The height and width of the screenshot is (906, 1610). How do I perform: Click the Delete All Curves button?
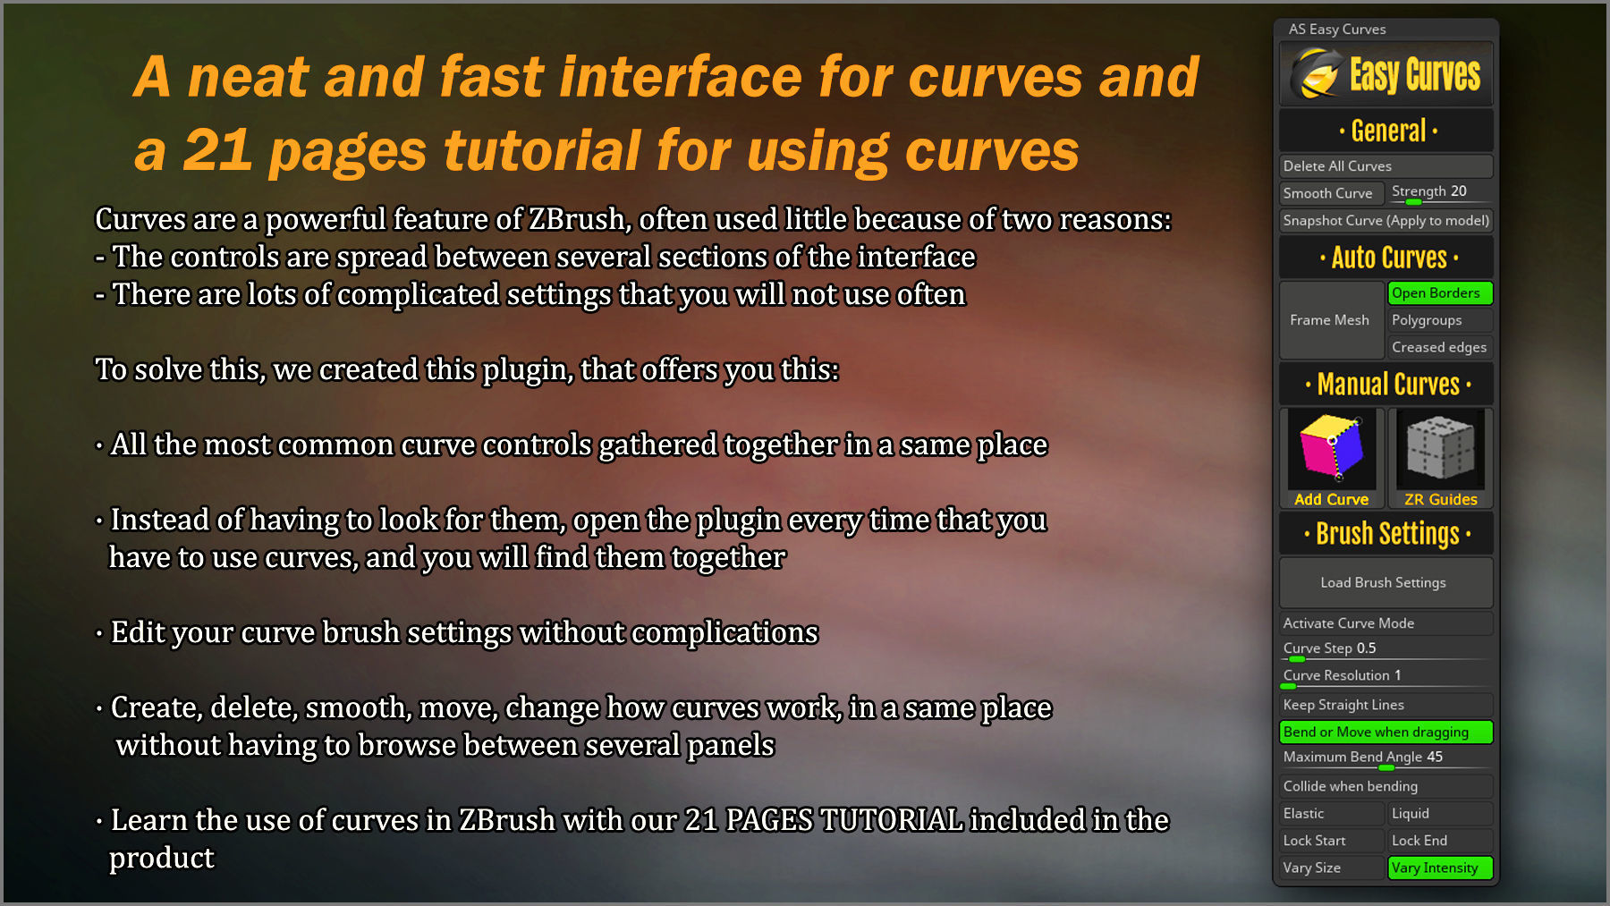(1385, 166)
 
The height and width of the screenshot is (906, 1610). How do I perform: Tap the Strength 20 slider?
(1439, 192)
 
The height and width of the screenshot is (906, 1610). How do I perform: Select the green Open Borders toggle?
(1439, 293)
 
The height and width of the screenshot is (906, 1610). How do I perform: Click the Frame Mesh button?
(1331, 320)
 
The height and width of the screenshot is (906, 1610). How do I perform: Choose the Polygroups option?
(1439, 320)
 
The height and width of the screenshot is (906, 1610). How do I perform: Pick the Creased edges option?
(1439, 347)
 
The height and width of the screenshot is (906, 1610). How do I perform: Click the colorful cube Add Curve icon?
(1332, 447)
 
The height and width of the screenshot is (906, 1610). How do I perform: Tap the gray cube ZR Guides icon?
(1440, 447)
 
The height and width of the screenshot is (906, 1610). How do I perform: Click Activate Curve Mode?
(1385, 623)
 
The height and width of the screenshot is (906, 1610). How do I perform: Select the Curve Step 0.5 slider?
(1385, 649)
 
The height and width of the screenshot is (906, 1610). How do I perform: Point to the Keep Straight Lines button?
(1385, 705)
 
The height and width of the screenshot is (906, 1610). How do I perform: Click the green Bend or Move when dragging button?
(1385, 732)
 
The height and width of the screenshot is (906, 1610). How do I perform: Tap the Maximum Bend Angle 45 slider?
(1385, 758)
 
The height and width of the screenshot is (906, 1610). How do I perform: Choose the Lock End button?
(1439, 841)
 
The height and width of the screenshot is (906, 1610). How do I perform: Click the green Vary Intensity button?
(1439, 868)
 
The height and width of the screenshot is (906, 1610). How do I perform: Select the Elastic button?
(1331, 814)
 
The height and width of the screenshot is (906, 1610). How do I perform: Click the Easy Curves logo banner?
(1385, 74)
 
